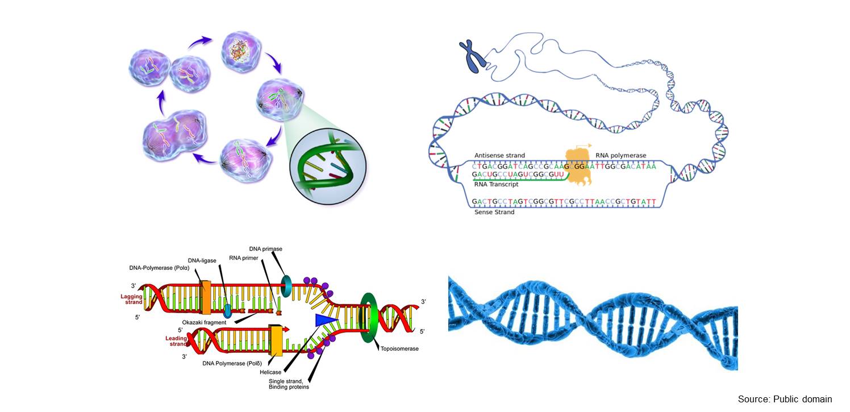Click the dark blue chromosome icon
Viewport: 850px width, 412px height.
coord(472,56)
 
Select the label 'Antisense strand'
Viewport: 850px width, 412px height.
coord(499,155)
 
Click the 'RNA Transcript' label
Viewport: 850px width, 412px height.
coord(496,184)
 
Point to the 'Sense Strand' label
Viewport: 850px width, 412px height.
coord(494,212)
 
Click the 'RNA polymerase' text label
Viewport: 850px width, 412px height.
coord(620,156)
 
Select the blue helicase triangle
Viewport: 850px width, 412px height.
coord(326,320)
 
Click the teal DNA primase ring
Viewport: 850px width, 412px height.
coord(286,286)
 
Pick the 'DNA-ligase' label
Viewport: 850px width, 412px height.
coord(202,261)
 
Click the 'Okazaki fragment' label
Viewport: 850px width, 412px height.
coord(204,322)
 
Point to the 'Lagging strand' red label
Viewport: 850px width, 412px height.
coord(131,299)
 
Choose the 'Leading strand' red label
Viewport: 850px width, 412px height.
coord(176,341)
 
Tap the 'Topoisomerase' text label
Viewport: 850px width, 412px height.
coord(399,349)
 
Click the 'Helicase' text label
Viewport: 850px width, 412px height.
coord(270,372)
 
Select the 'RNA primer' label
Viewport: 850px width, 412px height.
coord(244,258)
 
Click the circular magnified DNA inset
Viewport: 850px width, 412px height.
coord(328,166)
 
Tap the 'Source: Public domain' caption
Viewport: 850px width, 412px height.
coord(785,399)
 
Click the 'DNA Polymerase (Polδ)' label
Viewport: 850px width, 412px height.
coord(232,364)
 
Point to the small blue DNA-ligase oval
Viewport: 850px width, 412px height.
coord(227,311)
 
